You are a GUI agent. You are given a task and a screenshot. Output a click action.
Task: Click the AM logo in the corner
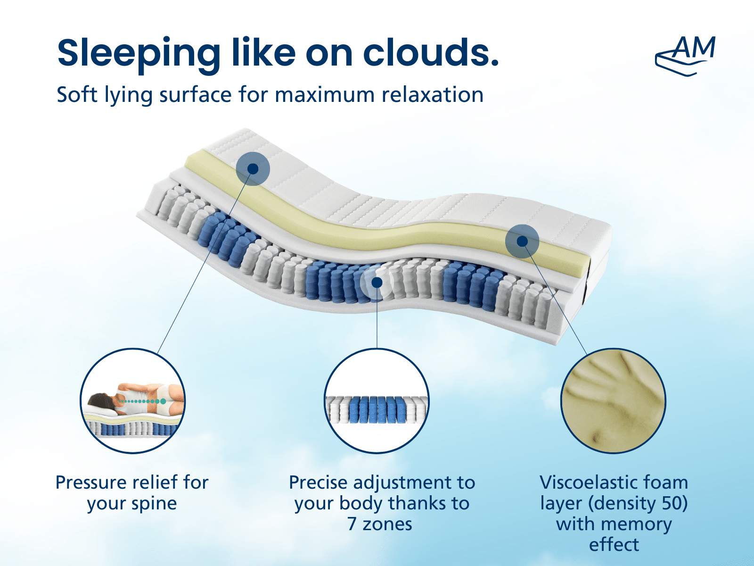click(x=685, y=56)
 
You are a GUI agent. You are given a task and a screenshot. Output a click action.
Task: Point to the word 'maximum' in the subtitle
click(x=325, y=95)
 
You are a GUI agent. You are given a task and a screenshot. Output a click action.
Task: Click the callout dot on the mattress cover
click(x=253, y=169)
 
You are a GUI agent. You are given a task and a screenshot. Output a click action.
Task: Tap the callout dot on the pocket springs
click(x=377, y=283)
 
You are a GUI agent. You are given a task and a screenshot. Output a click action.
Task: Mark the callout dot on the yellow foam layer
click(x=522, y=241)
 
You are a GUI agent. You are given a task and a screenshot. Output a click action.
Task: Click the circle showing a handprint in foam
click(x=613, y=401)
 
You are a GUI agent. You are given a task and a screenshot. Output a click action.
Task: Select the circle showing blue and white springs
click(x=377, y=401)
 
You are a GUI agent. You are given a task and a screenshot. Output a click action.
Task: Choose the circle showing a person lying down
click(x=132, y=401)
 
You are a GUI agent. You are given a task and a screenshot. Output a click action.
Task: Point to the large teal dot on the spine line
click(x=163, y=401)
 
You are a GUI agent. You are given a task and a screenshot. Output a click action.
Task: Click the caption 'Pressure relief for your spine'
click(x=132, y=493)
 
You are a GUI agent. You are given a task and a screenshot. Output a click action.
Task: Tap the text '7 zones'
click(x=379, y=524)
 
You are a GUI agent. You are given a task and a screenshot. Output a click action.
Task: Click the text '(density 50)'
click(x=638, y=503)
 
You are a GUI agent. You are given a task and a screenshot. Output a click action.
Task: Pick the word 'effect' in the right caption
click(x=614, y=544)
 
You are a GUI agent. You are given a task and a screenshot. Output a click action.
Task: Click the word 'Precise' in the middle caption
click(x=318, y=482)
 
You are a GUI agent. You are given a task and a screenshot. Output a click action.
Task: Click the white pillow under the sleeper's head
click(x=101, y=411)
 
